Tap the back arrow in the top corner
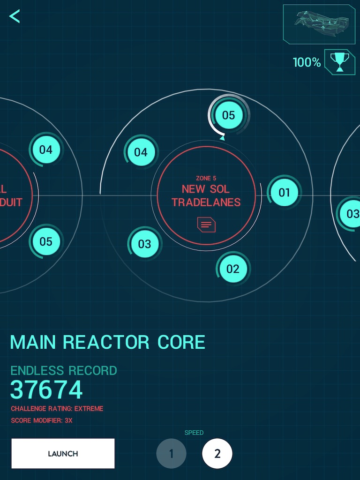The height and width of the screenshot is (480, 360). coord(15,16)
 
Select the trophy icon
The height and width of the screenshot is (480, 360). coord(339,61)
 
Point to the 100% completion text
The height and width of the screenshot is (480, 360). coord(307,62)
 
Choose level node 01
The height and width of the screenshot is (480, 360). coord(285,192)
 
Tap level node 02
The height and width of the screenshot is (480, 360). coord(233,269)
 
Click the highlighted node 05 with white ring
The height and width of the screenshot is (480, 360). coord(228,115)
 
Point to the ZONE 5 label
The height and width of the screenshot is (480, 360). coord(206,178)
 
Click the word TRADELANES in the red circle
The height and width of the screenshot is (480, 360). coord(206,202)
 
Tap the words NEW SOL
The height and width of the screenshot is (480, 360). coord(206,189)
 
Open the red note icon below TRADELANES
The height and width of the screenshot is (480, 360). coord(206,225)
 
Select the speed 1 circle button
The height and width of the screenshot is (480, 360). coord(171,454)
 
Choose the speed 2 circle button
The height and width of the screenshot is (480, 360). coord(217,454)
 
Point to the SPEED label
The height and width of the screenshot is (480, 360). coord(194,433)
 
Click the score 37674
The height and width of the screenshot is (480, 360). coord(46,390)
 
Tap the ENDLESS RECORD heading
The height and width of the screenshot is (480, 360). coord(64,370)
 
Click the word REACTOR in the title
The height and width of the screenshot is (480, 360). coord(107,343)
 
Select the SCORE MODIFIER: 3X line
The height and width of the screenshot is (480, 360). coord(42,420)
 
